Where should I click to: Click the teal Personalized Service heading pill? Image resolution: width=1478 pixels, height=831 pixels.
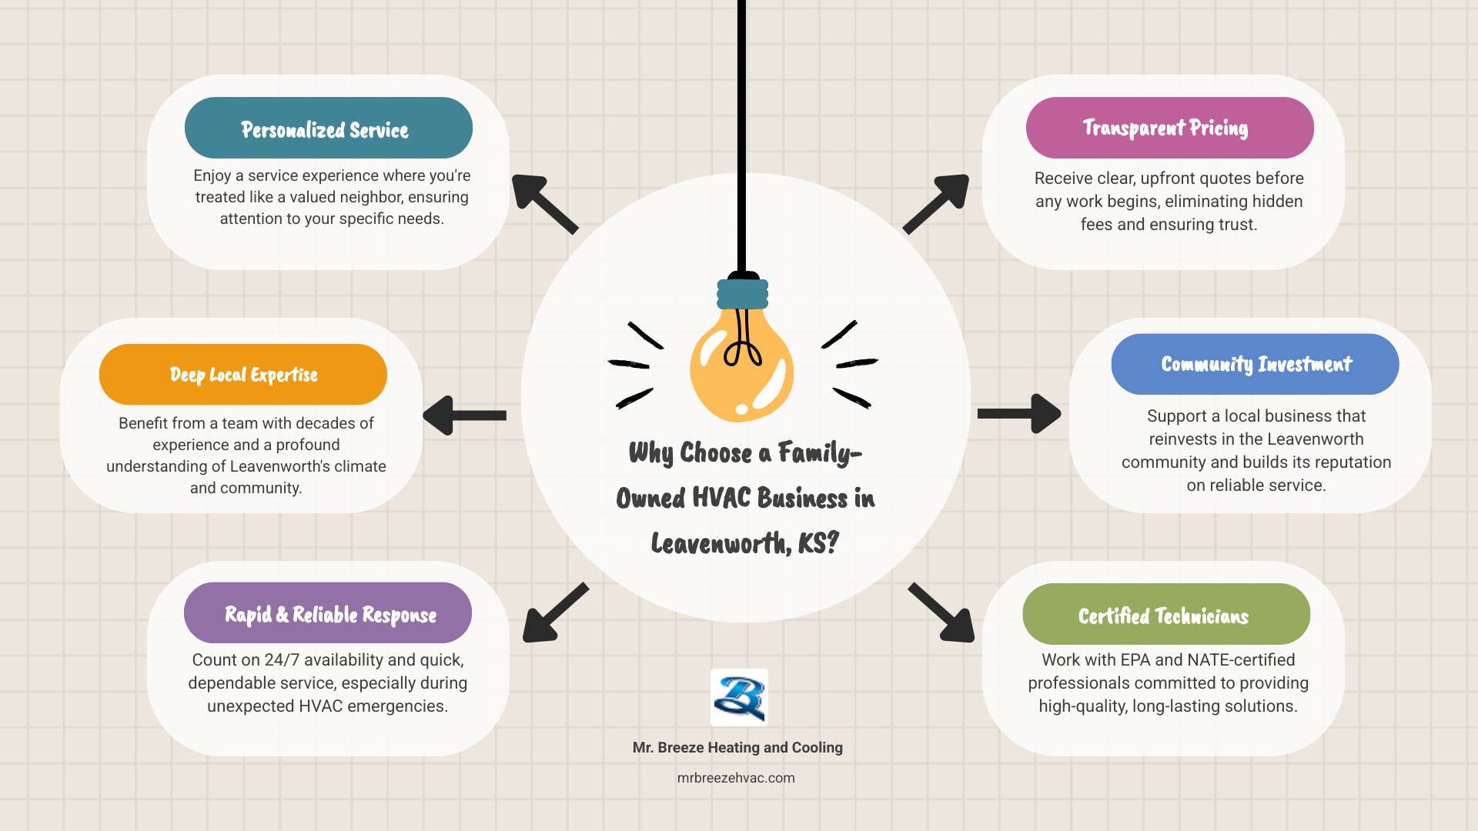pyautogui.click(x=328, y=128)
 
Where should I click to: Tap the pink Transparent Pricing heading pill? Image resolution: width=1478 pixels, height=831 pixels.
pyautogui.click(x=1169, y=128)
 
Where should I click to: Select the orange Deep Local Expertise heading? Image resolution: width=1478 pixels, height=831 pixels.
pyautogui.click(x=242, y=375)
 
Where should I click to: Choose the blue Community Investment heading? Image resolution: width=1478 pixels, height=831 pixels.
pyautogui.click(x=1255, y=364)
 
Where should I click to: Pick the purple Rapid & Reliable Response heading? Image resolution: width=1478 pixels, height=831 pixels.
pyautogui.click(x=328, y=613)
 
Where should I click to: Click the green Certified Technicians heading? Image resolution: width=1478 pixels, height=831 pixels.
pyautogui.click(x=1165, y=614)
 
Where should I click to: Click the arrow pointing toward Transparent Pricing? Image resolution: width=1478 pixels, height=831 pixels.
pyautogui.click(x=937, y=203)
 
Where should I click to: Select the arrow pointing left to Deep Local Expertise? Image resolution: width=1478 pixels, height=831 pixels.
pyautogui.click(x=463, y=415)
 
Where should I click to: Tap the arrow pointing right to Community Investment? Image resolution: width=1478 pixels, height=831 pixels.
pyautogui.click(x=1019, y=414)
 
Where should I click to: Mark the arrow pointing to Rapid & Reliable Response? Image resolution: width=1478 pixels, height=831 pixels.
pyautogui.click(x=554, y=613)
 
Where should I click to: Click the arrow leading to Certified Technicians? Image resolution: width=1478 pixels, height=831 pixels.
pyautogui.click(x=942, y=612)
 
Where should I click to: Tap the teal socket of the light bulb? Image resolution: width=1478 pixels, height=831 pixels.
pyautogui.click(x=743, y=293)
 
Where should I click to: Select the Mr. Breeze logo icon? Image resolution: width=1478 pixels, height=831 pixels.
pyautogui.click(x=739, y=697)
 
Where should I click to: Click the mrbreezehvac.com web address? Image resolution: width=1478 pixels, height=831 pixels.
pyautogui.click(x=736, y=778)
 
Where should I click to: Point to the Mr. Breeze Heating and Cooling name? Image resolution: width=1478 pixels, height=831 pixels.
pyautogui.click(x=737, y=747)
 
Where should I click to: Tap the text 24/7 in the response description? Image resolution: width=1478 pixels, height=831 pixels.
pyautogui.click(x=281, y=660)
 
